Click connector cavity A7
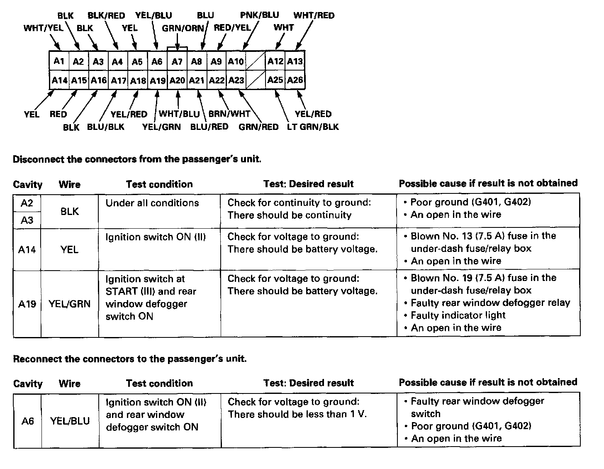click(x=177, y=61)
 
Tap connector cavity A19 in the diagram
click(x=157, y=81)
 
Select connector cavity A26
click(x=295, y=80)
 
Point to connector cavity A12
click(x=275, y=61)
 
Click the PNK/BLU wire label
click(x=259, y=15)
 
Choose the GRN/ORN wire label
click(x=183, y=28)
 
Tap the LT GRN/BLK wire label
click(x=313, y=127)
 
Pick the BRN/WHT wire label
click(x=229, y=114)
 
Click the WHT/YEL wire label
click(x=44, y=28)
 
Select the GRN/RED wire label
click(x=258, y=127)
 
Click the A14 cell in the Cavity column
click(x=27, y=249)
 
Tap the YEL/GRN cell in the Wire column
click(x=69, y=304)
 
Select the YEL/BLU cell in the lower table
click(x=70, y=421)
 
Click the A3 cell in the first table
click(x=27, y=220)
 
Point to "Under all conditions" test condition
click(x=152, y=203)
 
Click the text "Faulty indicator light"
click(x=458, y=315)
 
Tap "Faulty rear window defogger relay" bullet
click(x=490, y=303)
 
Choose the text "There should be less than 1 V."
click(x=297, y=414)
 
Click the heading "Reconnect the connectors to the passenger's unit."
click(x=130, y=359)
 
